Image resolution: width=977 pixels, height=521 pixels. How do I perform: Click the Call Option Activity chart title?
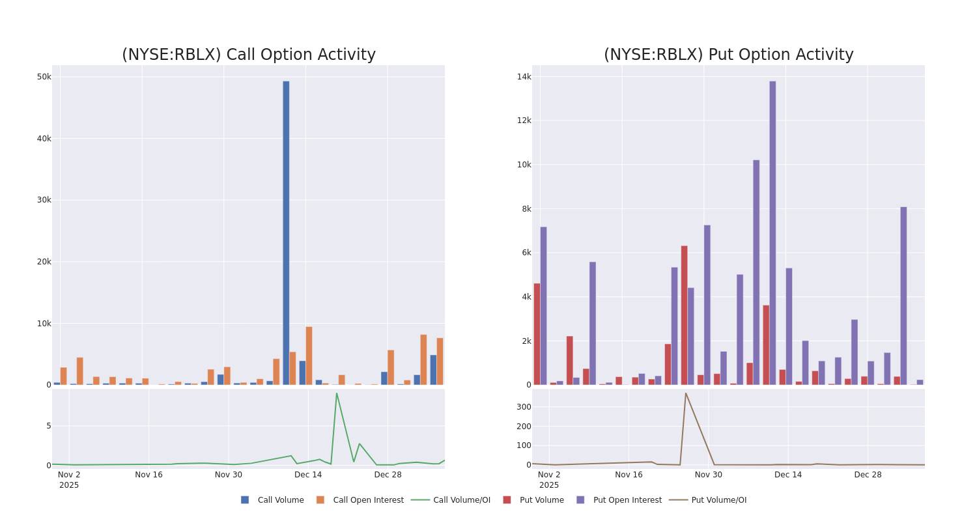tap(248, 55)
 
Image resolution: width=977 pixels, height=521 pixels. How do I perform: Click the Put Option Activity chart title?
tap(728, 55)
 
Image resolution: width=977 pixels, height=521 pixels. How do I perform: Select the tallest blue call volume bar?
tap(286, 232)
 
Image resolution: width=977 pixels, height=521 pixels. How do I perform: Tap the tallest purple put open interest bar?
tap(772, 232)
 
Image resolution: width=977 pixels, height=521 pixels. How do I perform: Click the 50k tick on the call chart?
tap(44, 77)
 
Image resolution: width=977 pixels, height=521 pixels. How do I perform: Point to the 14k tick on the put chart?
tap(524, 77)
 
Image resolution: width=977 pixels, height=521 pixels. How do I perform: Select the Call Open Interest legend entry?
tap(360, 500)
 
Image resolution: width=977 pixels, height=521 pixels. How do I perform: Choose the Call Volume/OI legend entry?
tap(451, 500)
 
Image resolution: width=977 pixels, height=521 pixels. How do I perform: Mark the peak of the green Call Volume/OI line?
tap(337, 393)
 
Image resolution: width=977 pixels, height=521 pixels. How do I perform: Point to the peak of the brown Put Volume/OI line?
tap(685, 393)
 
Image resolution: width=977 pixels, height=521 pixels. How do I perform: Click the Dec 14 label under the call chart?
tap(308, 475)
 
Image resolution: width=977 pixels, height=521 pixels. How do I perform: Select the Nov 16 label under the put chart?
tap(629, 475)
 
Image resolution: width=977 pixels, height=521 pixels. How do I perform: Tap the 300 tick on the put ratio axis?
tap(524, 407)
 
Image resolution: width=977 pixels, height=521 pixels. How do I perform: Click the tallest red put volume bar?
tap(685, 315)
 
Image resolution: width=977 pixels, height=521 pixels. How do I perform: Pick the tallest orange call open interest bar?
tap(309, 356)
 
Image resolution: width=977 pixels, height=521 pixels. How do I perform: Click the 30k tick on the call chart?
tap(44, 200)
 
